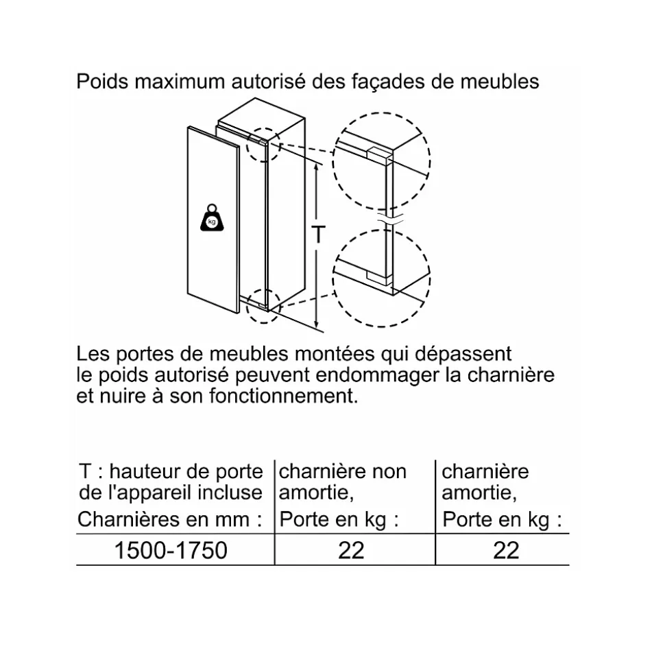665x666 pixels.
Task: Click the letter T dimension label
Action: (x=318, y=235)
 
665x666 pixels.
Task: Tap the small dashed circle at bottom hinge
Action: (x=264, y=302)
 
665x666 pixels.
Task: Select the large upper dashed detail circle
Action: (x=381, y=163)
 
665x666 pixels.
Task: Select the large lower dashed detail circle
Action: (x=381, y=278)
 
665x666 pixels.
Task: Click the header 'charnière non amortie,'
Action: (x=343, y=481)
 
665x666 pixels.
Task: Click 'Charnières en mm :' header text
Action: (x=170, y=519)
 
